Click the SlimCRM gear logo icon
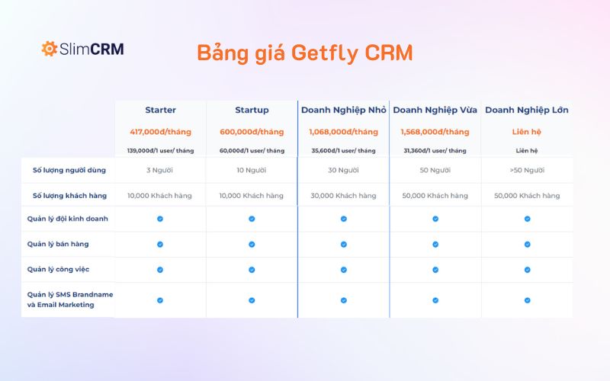coord(49,49)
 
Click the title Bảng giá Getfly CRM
coord(304,53)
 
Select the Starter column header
coord(160,110)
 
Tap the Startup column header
coord(252,110)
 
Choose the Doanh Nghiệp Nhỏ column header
coord(343,110)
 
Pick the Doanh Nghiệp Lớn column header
coord(527,110)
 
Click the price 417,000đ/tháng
coord(160,132)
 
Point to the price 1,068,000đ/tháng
coord(343,132)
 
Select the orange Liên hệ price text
coord(527,132)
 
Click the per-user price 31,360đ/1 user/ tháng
coord(435,150)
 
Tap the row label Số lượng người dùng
coord(69,170)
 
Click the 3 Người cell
coord(160,170)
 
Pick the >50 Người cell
coord(527,170)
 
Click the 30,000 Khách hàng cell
coord(343,196)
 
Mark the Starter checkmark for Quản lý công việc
coord(160,270)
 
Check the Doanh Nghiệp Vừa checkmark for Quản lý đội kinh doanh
coord(435,219)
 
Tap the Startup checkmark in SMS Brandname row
coord(252,300)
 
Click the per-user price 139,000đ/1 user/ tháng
coord(160,150)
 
